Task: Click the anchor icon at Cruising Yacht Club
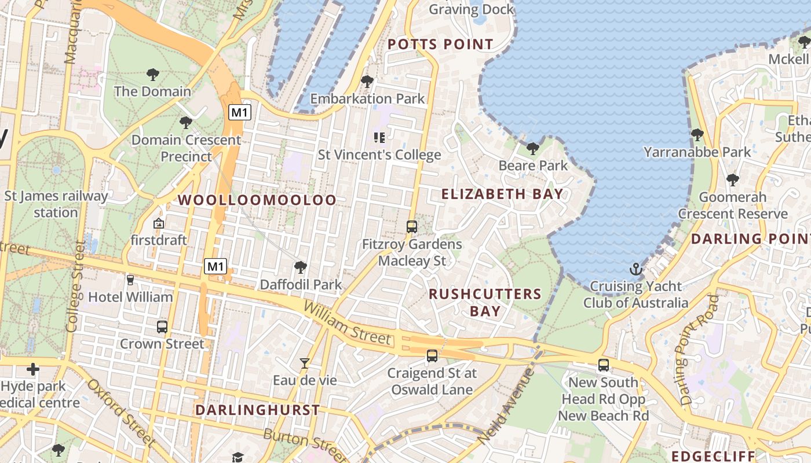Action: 636,269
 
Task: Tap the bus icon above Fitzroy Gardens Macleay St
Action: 412,227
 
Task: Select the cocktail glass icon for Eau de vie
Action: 304,363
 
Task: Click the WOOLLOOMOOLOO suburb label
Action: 257,200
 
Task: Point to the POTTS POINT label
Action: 440,45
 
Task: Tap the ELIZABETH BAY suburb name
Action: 502,194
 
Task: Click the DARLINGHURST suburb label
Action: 257,410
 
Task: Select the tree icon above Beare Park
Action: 532,149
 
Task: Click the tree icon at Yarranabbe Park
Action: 697,135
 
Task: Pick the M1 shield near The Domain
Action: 240,112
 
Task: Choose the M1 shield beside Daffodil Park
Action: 215,267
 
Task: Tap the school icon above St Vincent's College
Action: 379,138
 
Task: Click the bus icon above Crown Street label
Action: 162,326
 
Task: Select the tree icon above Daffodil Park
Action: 300,267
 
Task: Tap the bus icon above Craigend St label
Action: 432,356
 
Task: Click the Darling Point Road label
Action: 700,351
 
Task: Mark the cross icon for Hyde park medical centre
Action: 33,369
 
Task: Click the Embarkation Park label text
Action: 368,99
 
